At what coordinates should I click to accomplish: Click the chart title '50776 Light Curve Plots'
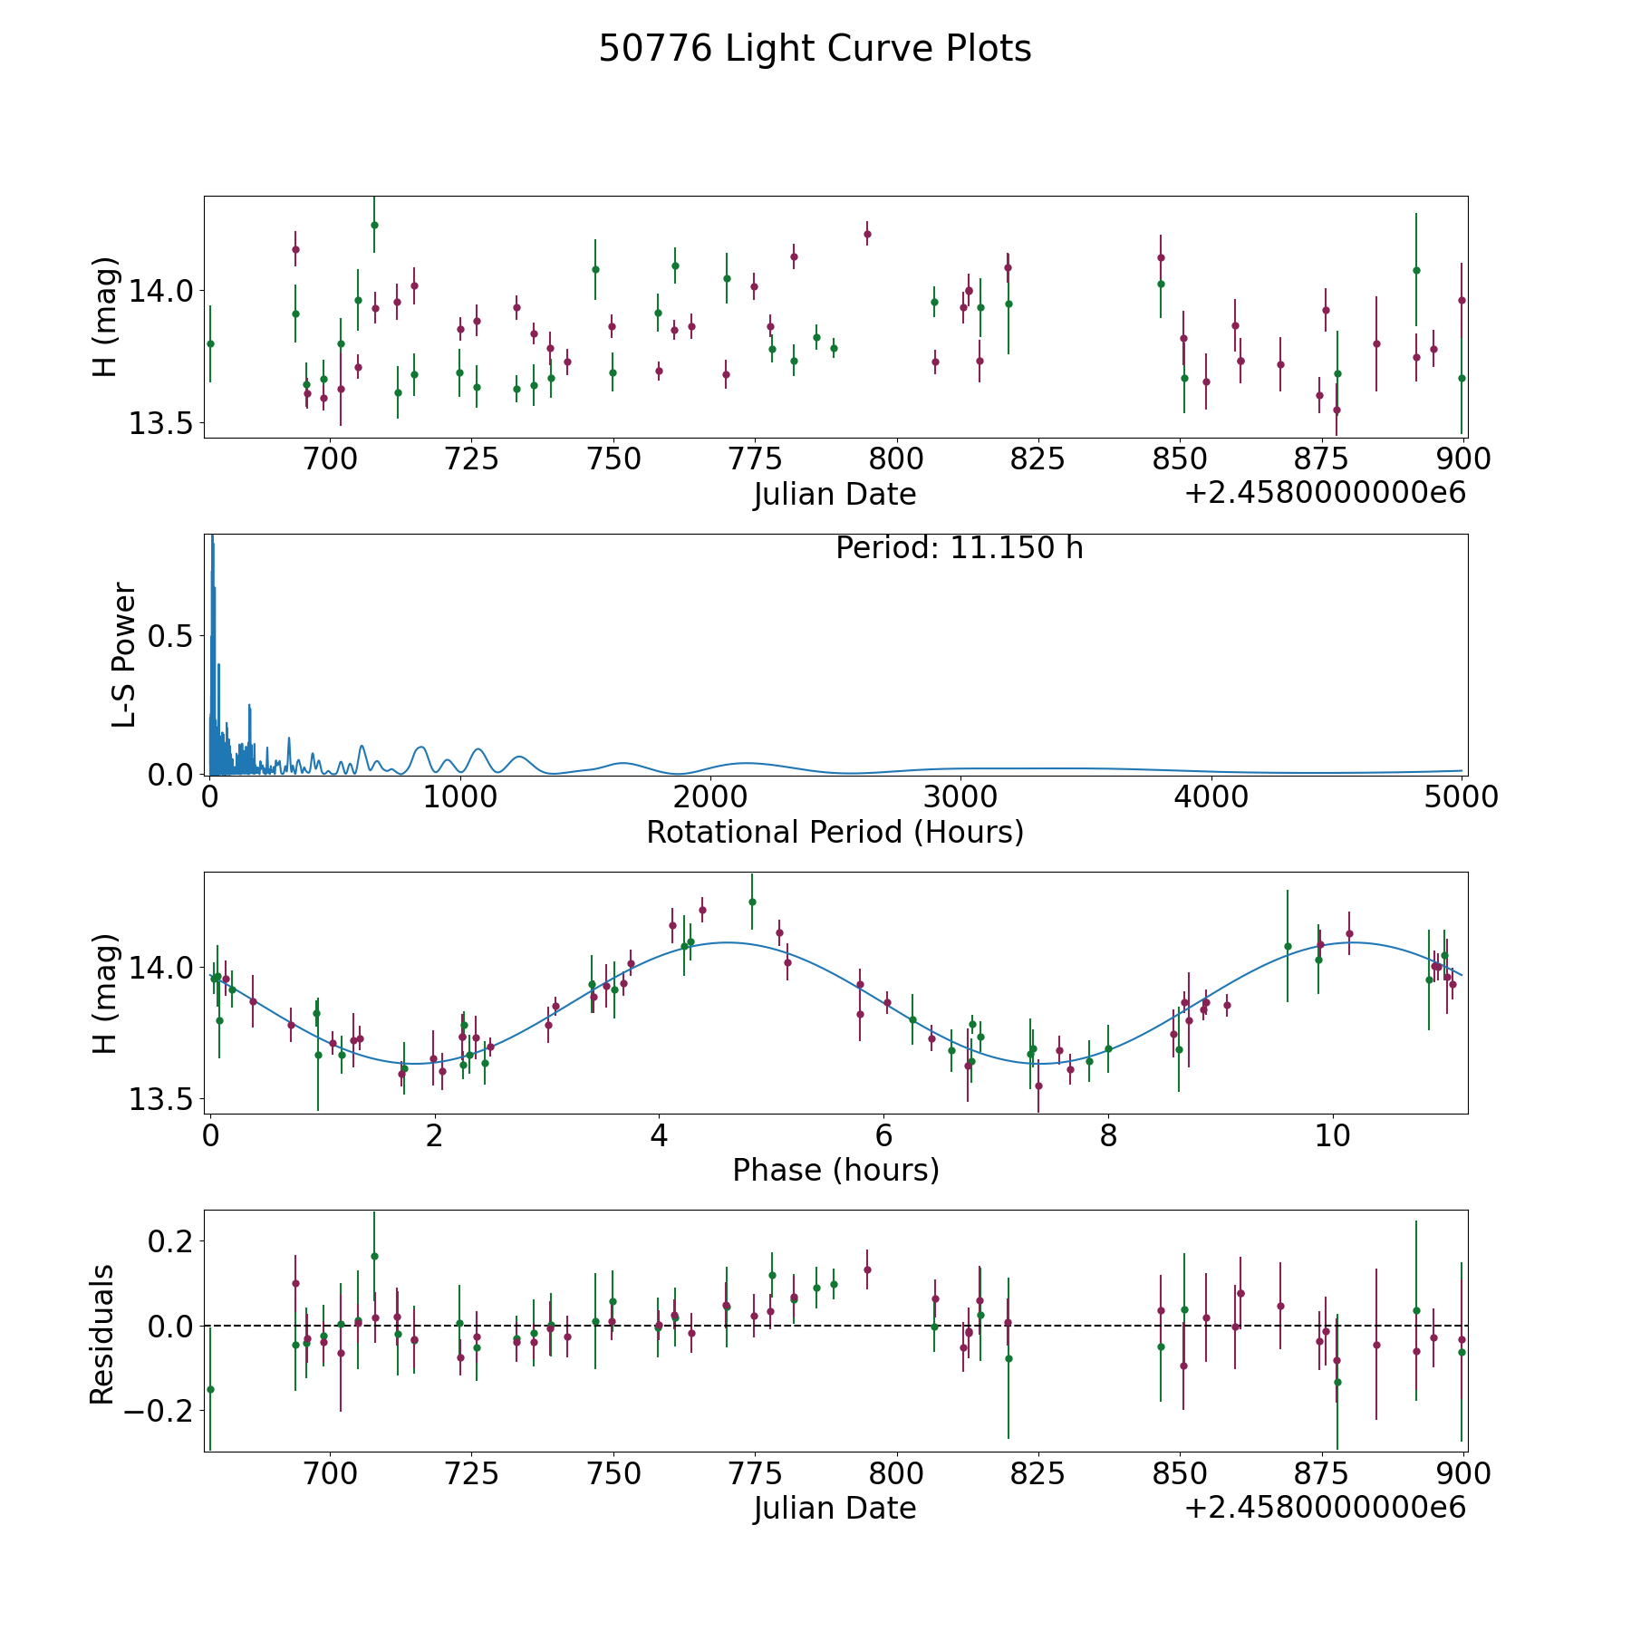click(815, 49)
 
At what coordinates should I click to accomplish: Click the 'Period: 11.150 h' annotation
click(959, 548)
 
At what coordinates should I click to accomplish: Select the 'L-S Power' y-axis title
click(124, 654)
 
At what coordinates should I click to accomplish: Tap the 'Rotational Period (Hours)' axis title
click(835, 832)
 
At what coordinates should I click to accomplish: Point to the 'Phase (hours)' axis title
click(835, 1170)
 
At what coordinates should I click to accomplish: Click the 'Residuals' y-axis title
click(102, 1333)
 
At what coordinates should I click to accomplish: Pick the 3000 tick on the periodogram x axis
click(960, 797)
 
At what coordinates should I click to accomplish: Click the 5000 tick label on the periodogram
click(1461, 797)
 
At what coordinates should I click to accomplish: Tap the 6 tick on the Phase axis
click(883, 1135)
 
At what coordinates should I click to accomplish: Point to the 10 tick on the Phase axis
click(1333, 1135)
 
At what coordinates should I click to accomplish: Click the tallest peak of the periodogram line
click(212, 537)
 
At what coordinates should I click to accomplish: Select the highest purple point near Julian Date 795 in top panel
click(867, 234)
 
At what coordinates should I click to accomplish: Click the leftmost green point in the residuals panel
click(210, 1389)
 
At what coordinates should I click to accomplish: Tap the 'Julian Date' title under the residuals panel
click(835, 1509)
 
